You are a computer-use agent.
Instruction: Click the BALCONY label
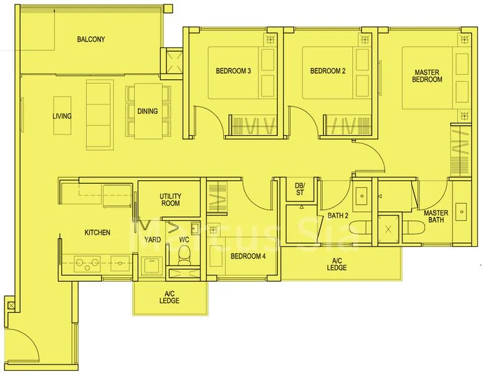tap(91, 39)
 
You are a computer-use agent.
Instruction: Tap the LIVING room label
tap(62, 116)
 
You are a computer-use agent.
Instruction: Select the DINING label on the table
tap(148, 112)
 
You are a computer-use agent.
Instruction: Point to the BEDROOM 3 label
tap(233, 71)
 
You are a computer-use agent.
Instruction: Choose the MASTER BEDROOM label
tap(428, 76)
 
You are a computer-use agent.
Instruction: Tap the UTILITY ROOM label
tap(170, 199)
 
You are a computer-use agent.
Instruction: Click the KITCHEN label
tap(97, 233)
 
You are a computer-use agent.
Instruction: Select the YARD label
tap(153, 239)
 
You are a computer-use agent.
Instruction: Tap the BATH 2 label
tap(338, 216)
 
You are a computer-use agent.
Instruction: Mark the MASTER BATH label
tap(436, 217)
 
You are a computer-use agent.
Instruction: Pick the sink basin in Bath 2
tap(361, 196)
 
